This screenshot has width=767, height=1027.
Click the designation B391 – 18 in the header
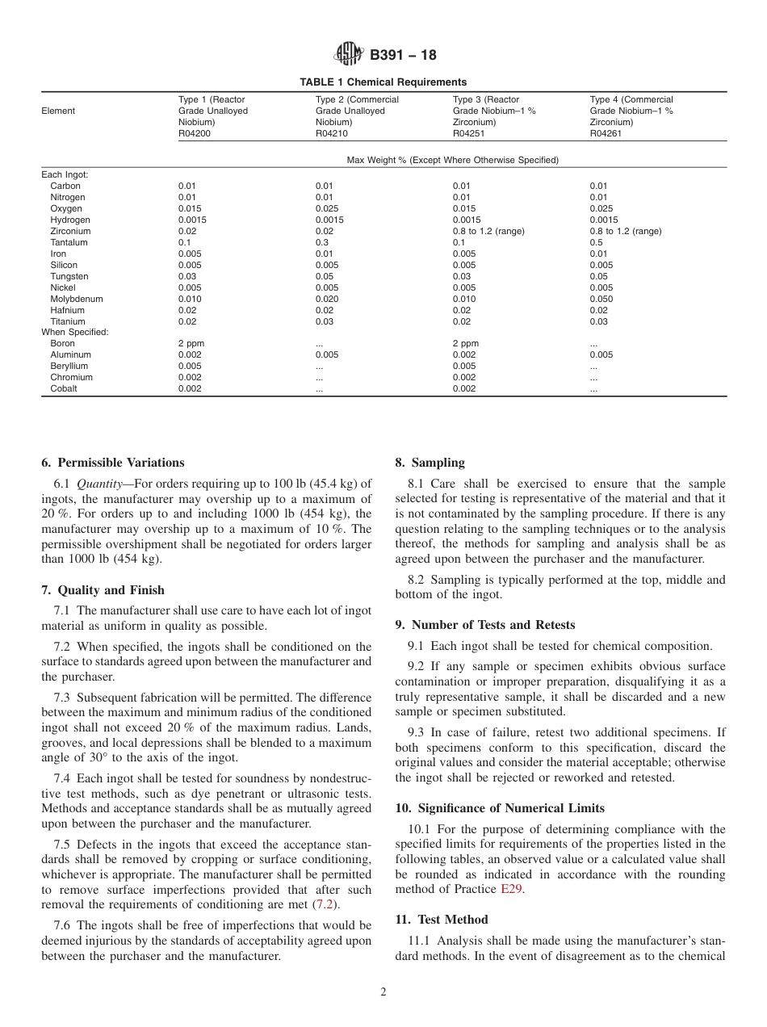point(403,56)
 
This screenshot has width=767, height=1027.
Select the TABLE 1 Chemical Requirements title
point(383,82)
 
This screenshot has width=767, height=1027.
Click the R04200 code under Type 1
point(194,134)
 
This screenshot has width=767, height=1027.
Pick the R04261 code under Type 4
point(606,134)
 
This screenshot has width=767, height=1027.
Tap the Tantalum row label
point(69,242)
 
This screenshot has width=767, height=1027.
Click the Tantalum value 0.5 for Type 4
point(596,242)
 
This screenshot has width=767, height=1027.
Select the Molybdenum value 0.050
point(601,299)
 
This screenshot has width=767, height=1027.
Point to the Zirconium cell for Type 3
point(488,231)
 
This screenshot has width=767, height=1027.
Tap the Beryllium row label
point(69,366)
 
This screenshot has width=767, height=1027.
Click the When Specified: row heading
point(74,332)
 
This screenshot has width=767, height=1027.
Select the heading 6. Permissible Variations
point(112,463)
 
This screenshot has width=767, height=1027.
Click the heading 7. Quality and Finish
point(103,590)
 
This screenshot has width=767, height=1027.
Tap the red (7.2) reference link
point(321,904)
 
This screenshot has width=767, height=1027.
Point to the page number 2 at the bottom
point(383,992)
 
